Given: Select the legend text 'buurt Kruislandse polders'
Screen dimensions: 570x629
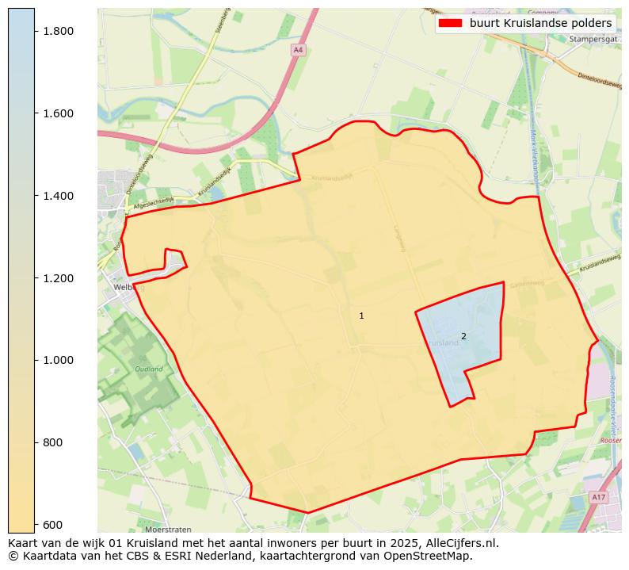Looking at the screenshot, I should click(540, 23).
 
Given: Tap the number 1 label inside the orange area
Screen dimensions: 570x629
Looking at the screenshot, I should click(361, 316).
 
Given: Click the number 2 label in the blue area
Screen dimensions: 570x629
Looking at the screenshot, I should click(463, 336).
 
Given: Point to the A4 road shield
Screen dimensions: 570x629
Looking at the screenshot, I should click(298, 50).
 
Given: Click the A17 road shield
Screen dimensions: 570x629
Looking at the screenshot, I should click(598, 497).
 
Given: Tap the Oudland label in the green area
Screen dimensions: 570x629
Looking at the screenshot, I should click(148, 369).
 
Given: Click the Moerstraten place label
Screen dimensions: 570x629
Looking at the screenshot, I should click(170, 529).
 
